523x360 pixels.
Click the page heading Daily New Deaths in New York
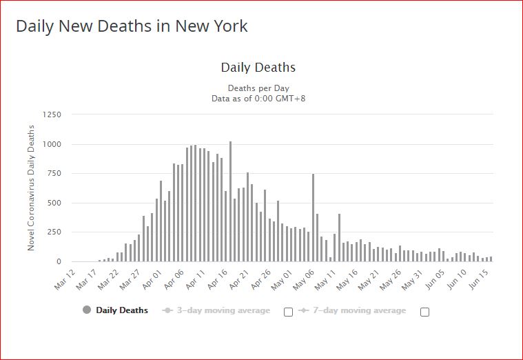132,26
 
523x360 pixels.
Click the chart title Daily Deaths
258,68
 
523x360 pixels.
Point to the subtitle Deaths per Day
258,88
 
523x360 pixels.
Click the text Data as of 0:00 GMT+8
258,99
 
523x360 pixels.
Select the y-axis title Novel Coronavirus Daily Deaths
31,188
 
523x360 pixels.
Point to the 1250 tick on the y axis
51,114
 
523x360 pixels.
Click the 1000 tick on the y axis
51,144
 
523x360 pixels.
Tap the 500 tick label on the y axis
54,203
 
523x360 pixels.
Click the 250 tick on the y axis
54,232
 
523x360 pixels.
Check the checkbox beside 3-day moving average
288,312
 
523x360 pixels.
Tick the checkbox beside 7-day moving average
424,312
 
